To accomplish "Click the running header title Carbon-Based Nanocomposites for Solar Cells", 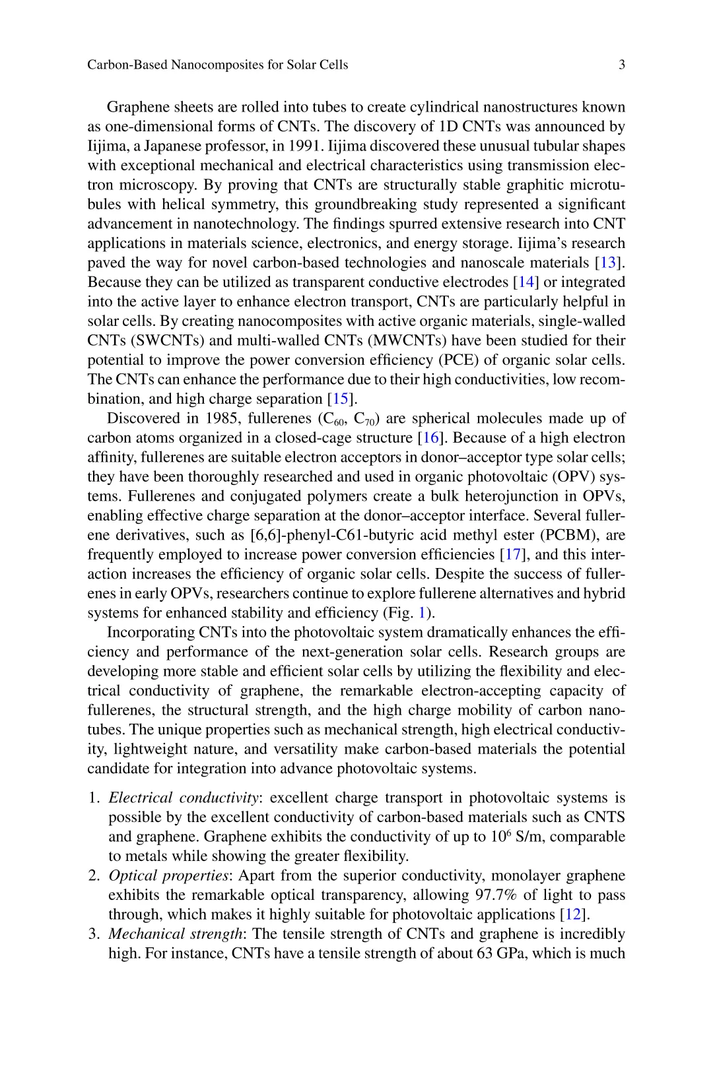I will (x=218, y=65).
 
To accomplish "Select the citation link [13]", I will (x=607, y=263).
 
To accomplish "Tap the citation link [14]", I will (x=526, y=282).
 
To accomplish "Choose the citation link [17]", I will (x=512, y=555).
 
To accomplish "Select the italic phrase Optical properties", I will (x=168, y=876).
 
